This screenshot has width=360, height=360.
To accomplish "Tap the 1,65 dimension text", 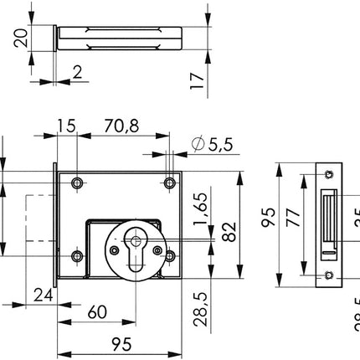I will pos(200,205).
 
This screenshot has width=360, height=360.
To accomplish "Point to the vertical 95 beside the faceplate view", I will pos(269,219).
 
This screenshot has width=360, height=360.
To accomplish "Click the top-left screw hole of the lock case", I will pos(77,182).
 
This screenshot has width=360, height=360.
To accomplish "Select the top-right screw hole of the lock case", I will pos(169,182).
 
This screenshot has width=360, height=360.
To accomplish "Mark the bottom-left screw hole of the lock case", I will pos(77,256).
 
